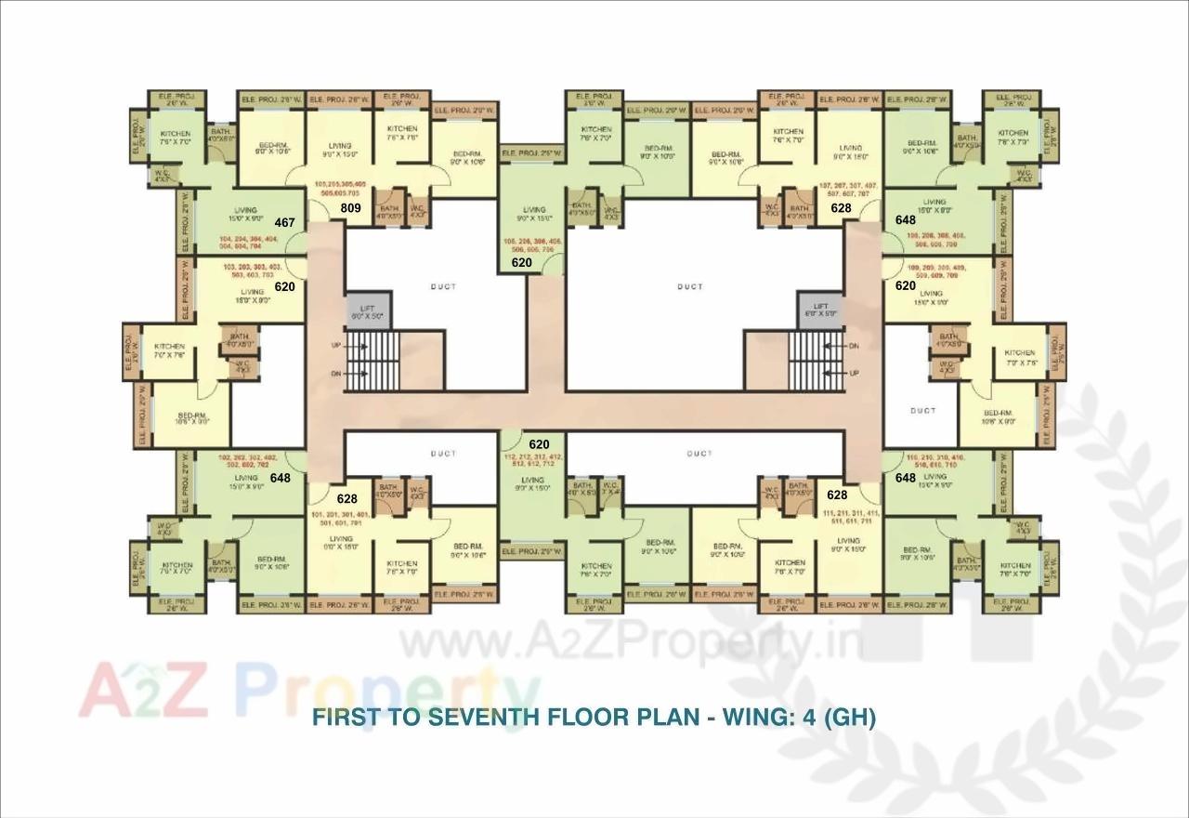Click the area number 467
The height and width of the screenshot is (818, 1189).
tap(285, 223)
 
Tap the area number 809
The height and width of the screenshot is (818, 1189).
tap(350, 208)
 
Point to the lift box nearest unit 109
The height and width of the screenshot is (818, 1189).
tap(819, 310)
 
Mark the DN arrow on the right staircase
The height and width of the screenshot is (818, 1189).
tap(853, 345)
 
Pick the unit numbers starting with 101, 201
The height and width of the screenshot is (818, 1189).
tap(341, 518)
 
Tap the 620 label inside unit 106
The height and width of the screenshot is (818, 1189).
tap(522, 263)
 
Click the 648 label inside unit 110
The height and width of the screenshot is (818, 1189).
tap(905, 478)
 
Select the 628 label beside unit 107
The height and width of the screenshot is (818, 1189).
tap(841, 208)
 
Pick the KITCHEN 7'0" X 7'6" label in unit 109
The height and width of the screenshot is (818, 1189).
tap(1019, 358)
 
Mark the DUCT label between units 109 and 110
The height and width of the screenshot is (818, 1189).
tap(922, 410)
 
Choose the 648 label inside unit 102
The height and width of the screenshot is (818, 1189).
tap(280, 478)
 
